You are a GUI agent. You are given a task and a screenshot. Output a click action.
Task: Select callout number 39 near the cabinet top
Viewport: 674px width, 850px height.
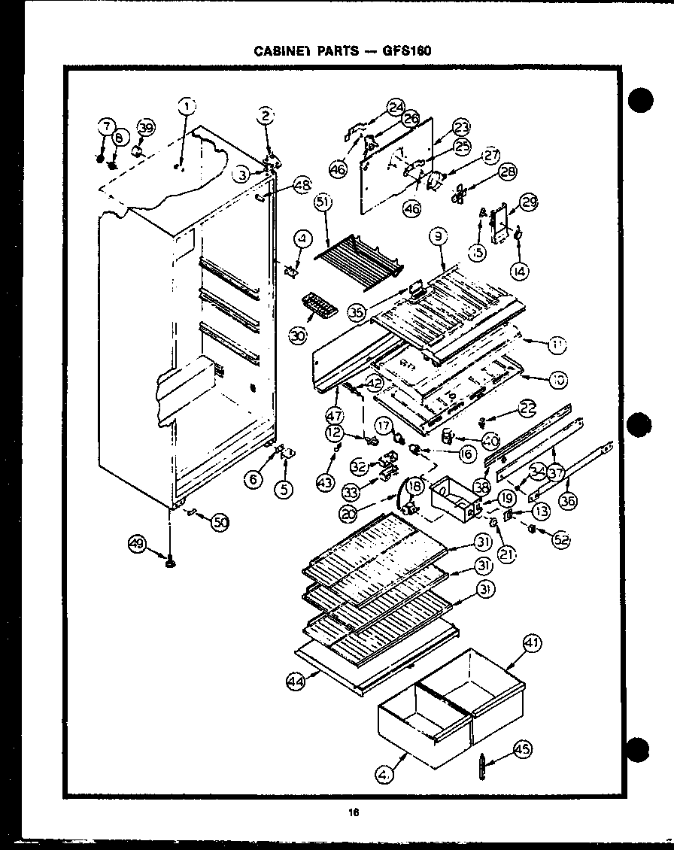click(146, 128)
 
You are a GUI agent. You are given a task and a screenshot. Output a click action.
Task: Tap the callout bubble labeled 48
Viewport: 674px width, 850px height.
click(302, 184)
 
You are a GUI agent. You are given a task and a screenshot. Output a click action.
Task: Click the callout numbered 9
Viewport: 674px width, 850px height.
click(439, 237)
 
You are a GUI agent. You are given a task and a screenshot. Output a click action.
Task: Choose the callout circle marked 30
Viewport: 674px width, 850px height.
click(299, 335)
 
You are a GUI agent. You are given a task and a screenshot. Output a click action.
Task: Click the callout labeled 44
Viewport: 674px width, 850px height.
click(297, 682)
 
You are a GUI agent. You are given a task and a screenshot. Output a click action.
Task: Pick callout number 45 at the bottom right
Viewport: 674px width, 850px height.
click(522, 748)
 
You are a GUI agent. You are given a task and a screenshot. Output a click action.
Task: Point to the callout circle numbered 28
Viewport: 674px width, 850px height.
click(509, 172)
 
